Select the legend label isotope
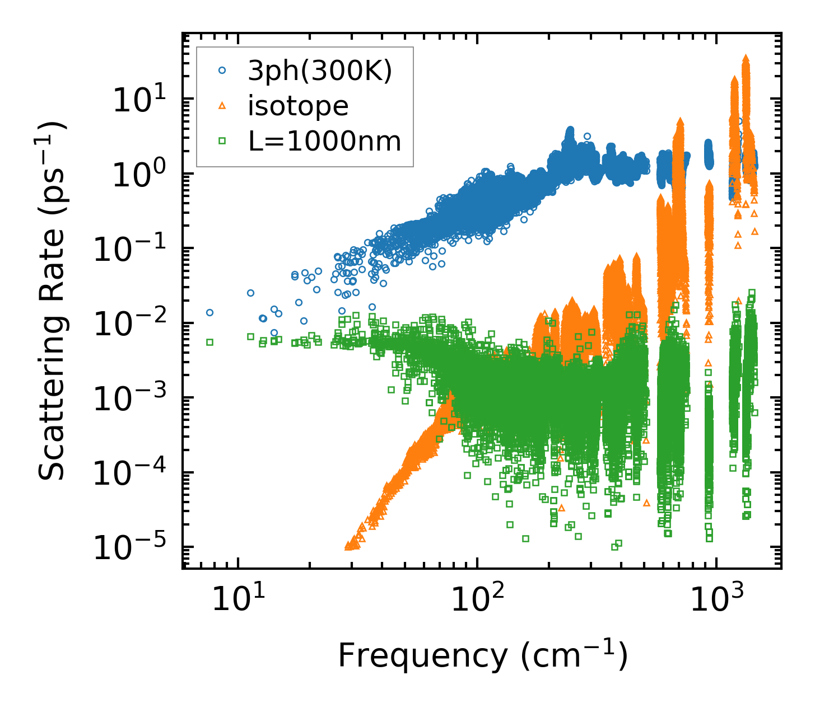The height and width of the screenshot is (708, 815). click(298, 106)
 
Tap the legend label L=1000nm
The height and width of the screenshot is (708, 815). click(325, 142)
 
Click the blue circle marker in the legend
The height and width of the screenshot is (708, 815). click(222, 71)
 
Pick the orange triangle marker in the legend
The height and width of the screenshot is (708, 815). click(222, 106)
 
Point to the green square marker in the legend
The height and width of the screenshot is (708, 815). click(222, 142)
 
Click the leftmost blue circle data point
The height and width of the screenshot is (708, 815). click(209, 312)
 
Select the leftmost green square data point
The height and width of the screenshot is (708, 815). click(209, 341)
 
